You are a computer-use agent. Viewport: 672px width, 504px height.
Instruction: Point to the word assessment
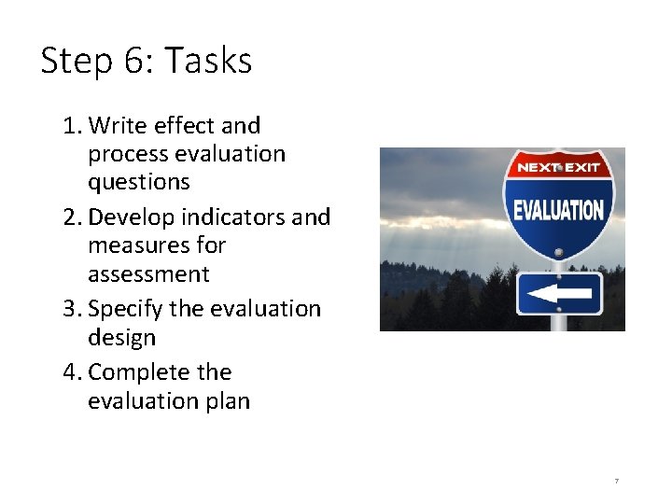pyautogui.click(x=148, y=273)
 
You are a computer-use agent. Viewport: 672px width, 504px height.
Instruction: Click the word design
pyautogui.click(x=121, y=337)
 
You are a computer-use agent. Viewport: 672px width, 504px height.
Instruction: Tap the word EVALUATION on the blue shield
pyautogui.click(x=558, y=209)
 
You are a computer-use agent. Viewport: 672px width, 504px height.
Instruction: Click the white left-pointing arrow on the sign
pyautogui.click(x=557, y=293)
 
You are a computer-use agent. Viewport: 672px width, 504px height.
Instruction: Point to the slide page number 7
pyautogui.click(x=617, y=481)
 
